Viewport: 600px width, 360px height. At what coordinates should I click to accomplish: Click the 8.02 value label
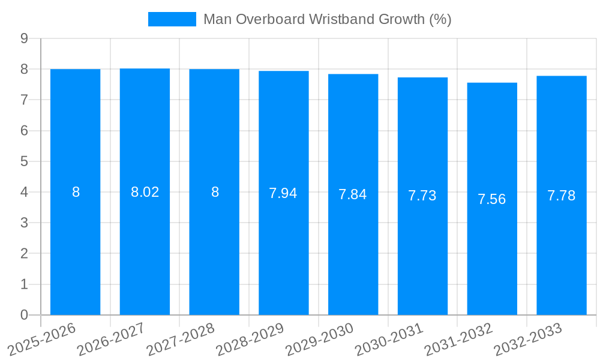(145, 192)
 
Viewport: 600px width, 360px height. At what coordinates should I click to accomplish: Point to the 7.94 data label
(283, 193)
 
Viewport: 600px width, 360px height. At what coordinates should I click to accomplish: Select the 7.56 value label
(492, 199)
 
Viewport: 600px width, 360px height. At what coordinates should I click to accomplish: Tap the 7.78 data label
(562, 196)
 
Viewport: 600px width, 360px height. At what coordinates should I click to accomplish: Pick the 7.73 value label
(422, 196)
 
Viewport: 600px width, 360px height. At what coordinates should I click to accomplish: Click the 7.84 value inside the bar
(353, 194)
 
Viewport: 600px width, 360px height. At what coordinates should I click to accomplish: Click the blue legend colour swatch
(172, 19)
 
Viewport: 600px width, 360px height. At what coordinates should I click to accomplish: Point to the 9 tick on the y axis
(24, 38)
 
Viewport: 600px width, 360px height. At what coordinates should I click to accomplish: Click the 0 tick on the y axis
(24, 315)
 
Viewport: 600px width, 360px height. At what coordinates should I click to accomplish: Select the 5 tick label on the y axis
(24, 161)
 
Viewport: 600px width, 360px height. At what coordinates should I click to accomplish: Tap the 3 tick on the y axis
(24, 223)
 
